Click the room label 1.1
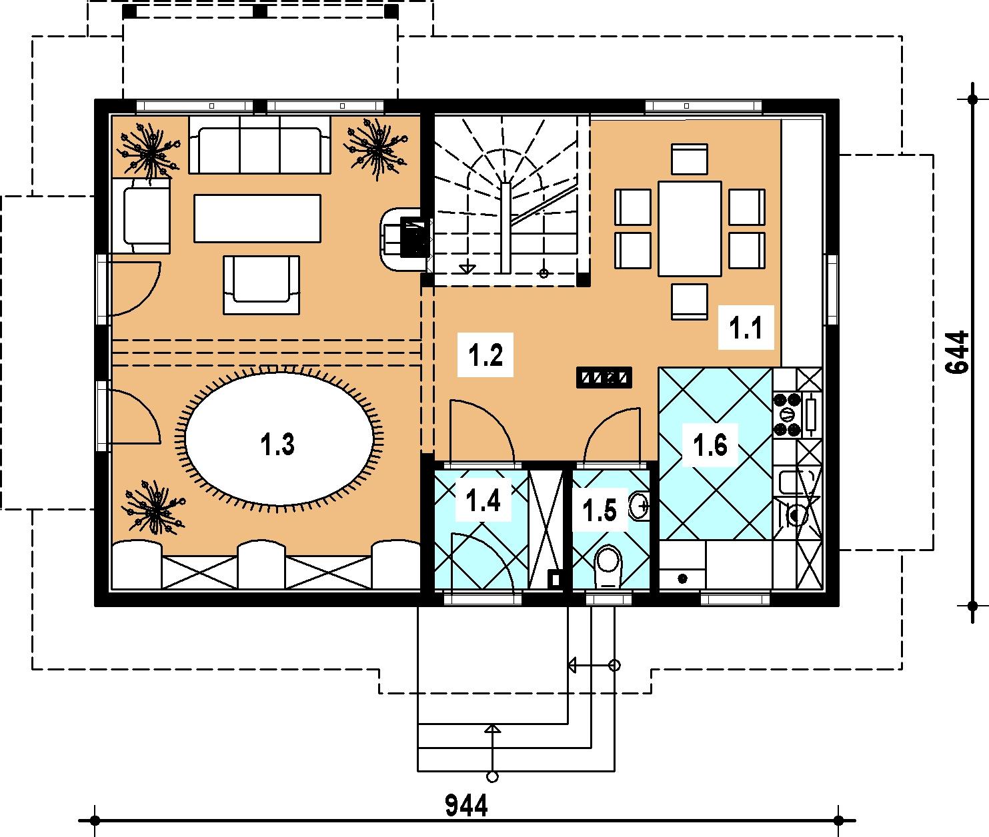(746, 329)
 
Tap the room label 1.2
(485, 356)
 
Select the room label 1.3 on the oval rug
(277, 444)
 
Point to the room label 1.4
(483, 501)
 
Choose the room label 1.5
(600, 510)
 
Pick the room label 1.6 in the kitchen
(710, 445)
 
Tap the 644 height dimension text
(958, 353)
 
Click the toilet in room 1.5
(608, 567)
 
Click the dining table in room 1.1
(690, 229)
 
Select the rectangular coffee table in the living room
(257, 218)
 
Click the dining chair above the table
(690, 159)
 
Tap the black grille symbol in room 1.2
(604, 377)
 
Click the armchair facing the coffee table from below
(261, 285)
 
